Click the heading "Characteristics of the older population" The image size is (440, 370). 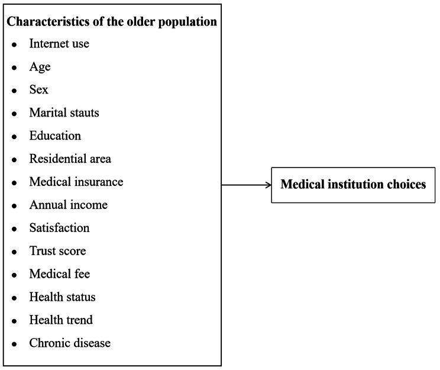click(x=112, y=22)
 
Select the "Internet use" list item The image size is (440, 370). click(x=59, y=43)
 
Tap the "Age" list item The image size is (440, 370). click(x=40, y=66)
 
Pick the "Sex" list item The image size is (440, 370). click(x=38, y=89)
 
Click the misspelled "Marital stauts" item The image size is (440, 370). click(x=64, y=112)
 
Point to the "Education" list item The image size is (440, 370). click(x=55, y=136)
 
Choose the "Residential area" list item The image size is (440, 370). click(x=70, y=159)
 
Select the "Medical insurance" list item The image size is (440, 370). click(x=76, y=182)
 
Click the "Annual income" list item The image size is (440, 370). click(x=68, y=205)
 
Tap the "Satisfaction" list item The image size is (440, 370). click(x=59, y=228)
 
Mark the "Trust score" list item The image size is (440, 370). click(x=57, y=251)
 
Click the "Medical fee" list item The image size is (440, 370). click(x=59, y=274)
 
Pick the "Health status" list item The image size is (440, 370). click(x=62, y=297)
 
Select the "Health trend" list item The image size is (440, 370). click(x=61, y=320)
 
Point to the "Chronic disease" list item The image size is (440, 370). click(x=70, y=343)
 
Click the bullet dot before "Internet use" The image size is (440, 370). click(x=14, y=44)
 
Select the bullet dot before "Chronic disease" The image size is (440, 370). click(x=14, y=344)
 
